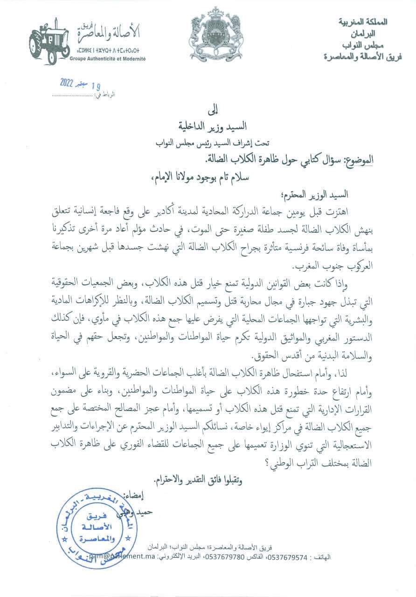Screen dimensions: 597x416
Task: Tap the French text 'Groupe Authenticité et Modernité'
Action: (108, 59)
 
